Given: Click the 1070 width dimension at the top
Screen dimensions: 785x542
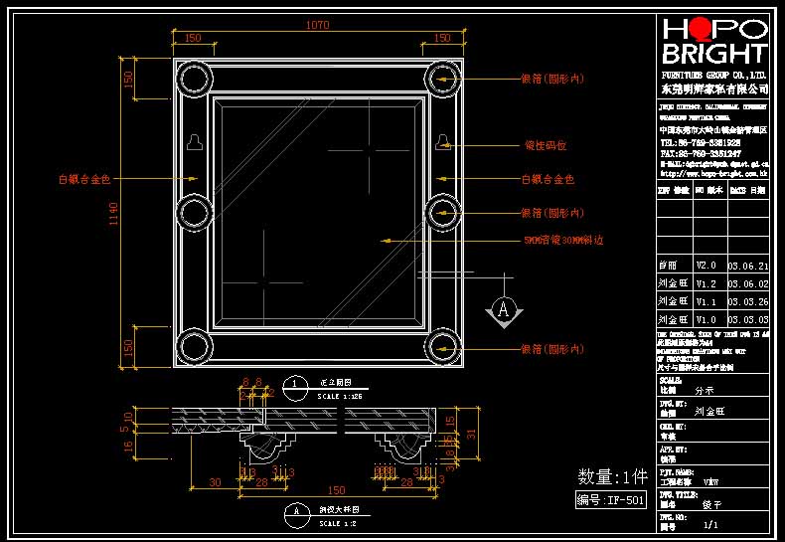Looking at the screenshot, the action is coord(317,24).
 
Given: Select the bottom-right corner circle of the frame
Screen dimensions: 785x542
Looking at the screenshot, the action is coord(442,347).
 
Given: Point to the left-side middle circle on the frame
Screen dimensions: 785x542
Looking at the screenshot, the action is coord(194,212).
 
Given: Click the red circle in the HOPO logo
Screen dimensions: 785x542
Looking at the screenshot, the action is coord(701,29).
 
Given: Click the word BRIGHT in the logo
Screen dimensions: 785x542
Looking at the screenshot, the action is coord(714,55).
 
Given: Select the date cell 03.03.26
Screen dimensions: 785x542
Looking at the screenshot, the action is coord(747,301).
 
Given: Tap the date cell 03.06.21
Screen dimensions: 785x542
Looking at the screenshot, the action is coord(747,266).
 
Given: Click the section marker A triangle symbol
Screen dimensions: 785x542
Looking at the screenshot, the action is coord(504,310).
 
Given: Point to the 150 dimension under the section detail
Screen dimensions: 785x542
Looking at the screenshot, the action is coord(337,491).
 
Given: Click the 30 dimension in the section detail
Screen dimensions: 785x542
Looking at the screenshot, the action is coord(215,482).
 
